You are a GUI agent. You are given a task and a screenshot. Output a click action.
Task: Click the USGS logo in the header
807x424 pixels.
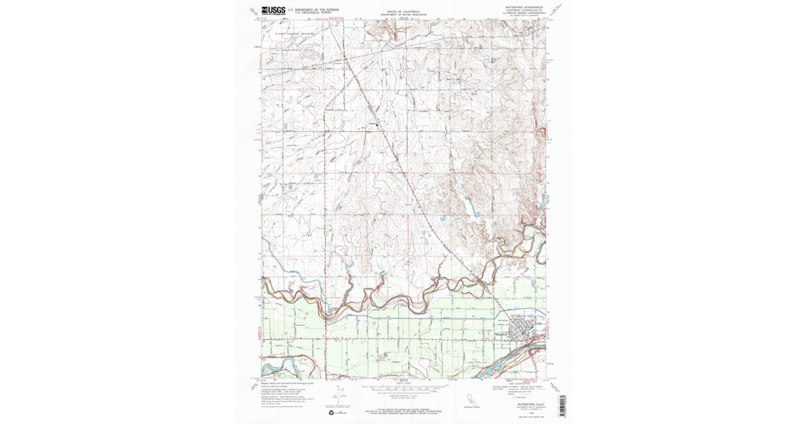point(272,10)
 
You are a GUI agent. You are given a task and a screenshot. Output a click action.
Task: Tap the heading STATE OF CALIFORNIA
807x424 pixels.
point(403,11)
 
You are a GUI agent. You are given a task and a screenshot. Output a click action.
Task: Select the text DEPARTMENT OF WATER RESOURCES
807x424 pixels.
point(403,15)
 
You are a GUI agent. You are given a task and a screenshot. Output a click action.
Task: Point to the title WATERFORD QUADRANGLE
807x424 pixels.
point(524,7)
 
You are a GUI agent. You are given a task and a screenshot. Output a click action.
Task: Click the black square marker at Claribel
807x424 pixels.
point(377,125)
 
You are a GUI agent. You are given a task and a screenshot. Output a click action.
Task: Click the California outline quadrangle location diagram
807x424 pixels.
point(471,398)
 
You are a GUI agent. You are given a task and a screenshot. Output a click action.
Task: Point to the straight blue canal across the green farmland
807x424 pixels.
point(403,316)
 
